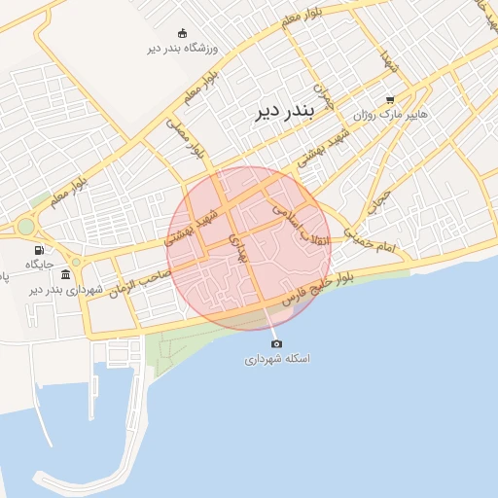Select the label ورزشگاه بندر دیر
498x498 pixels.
[x=185, y=48]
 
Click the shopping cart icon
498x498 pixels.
[x=390, y=99]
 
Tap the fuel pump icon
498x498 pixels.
[x=39, y=250]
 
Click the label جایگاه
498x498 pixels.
[x=39, y=265]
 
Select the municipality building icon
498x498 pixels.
[x=65, y=274]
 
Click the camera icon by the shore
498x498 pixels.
[x=276, y=343]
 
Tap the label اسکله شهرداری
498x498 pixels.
[x=276, y=359]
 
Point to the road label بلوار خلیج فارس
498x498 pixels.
[x=317, y=288]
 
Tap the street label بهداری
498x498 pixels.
[x=239, y=249]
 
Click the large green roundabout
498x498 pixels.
[x=25, y=227]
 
